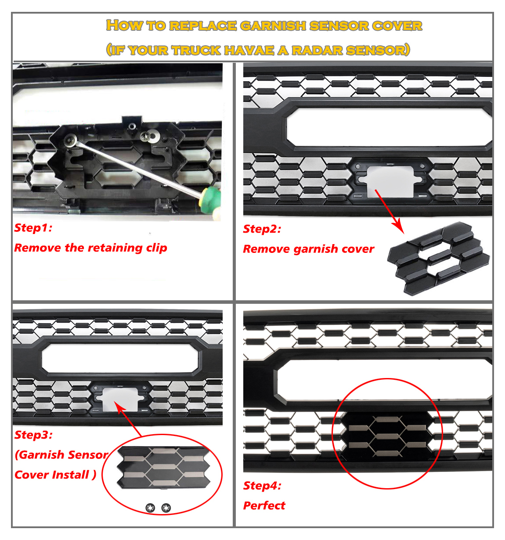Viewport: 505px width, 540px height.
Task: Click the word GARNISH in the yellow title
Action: tap(274, 25)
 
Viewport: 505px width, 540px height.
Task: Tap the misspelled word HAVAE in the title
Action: tap(249, 50)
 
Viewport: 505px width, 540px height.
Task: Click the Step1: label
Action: tap(33, 227)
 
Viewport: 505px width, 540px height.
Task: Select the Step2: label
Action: tap(262, 229)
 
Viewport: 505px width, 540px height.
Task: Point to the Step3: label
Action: tap(33, 435)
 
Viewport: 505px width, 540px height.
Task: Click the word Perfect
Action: tap(264, 505)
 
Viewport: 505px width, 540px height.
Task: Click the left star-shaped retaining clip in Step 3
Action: tap(150, 508)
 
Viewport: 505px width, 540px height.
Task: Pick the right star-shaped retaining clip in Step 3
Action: tap(166, 508)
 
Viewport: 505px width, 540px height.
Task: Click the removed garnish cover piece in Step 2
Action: tap(438, 258)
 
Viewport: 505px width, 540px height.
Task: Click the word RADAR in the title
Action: tap(317, 50)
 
